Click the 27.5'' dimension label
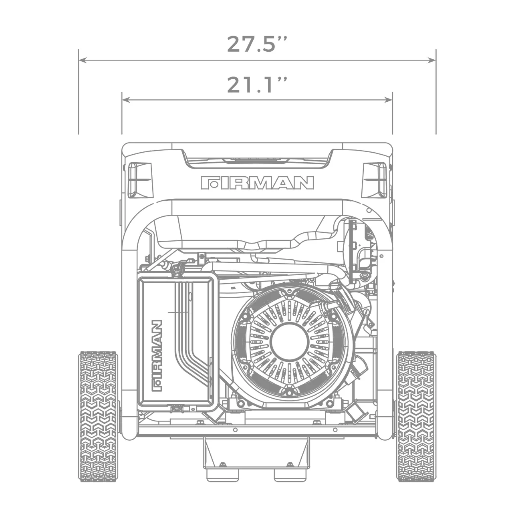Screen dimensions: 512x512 pos(257,44)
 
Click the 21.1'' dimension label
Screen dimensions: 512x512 pos(257,85)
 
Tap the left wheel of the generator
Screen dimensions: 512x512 pos(98,417)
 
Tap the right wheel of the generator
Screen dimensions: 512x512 pos(415,417)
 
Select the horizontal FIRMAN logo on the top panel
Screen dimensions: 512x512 pos(257,183)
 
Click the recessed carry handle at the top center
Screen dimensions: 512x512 pos(257,160)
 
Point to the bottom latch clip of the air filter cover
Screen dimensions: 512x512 pos(175,408)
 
